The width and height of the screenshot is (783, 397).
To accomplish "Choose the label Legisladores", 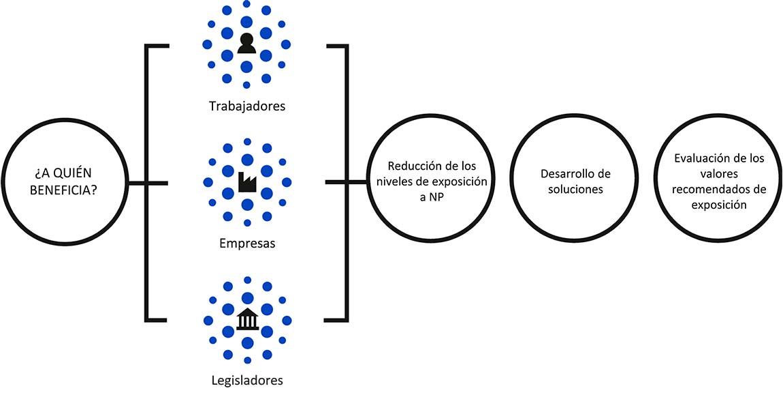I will pos(246,380).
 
